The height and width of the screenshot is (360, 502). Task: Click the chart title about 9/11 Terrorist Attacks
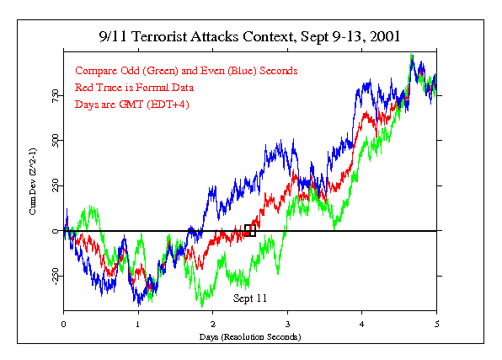click(250, 37)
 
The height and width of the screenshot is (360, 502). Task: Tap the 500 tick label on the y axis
click(54, 140)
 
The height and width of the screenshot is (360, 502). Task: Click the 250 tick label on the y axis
click(54, 185)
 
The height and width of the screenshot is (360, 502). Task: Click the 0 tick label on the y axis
click(54, 231)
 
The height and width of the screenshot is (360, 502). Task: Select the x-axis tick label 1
click(138, 323)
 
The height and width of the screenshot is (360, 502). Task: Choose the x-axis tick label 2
click(213, 323)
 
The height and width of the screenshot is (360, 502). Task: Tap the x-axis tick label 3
click(287, 323)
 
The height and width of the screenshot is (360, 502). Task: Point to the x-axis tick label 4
click(362, 323)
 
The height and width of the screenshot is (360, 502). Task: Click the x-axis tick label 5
click(436, 323)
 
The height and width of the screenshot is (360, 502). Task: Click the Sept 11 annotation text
click(250, 298)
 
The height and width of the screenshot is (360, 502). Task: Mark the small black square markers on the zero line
click(250, 229)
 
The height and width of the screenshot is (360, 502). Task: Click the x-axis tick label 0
click(64, 323)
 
